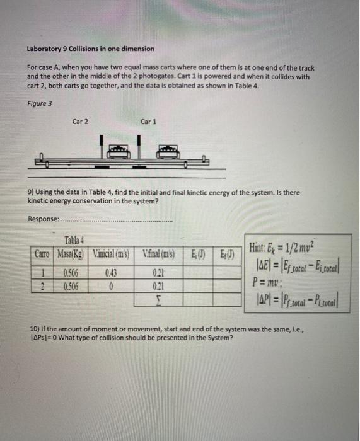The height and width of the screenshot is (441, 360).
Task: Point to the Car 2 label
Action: point(80,122)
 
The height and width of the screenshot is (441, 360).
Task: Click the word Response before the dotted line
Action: point(42,219)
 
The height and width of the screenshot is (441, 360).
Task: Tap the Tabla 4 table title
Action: point(76,240)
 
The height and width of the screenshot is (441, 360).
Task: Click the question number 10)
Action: point(36,329)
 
